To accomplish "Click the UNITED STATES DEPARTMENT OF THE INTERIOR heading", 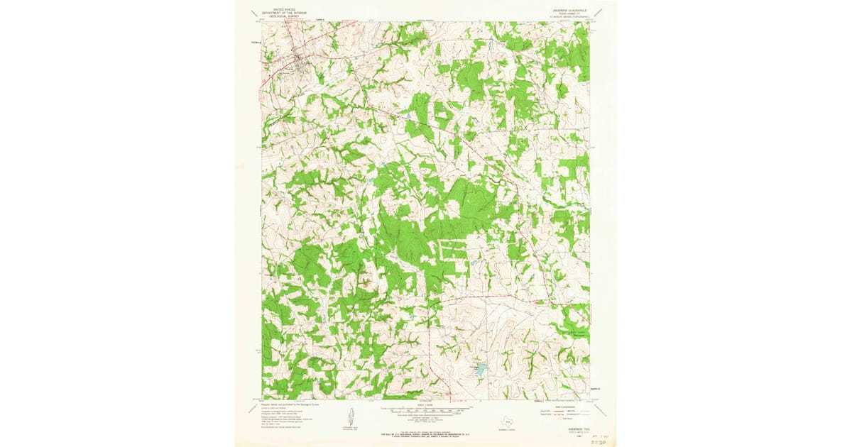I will [x=278, y=10].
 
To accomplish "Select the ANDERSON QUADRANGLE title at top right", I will [x=568, y=10].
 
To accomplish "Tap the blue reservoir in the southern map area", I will [x=481, y=370].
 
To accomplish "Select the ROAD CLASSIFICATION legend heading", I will [x=561, y=405].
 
